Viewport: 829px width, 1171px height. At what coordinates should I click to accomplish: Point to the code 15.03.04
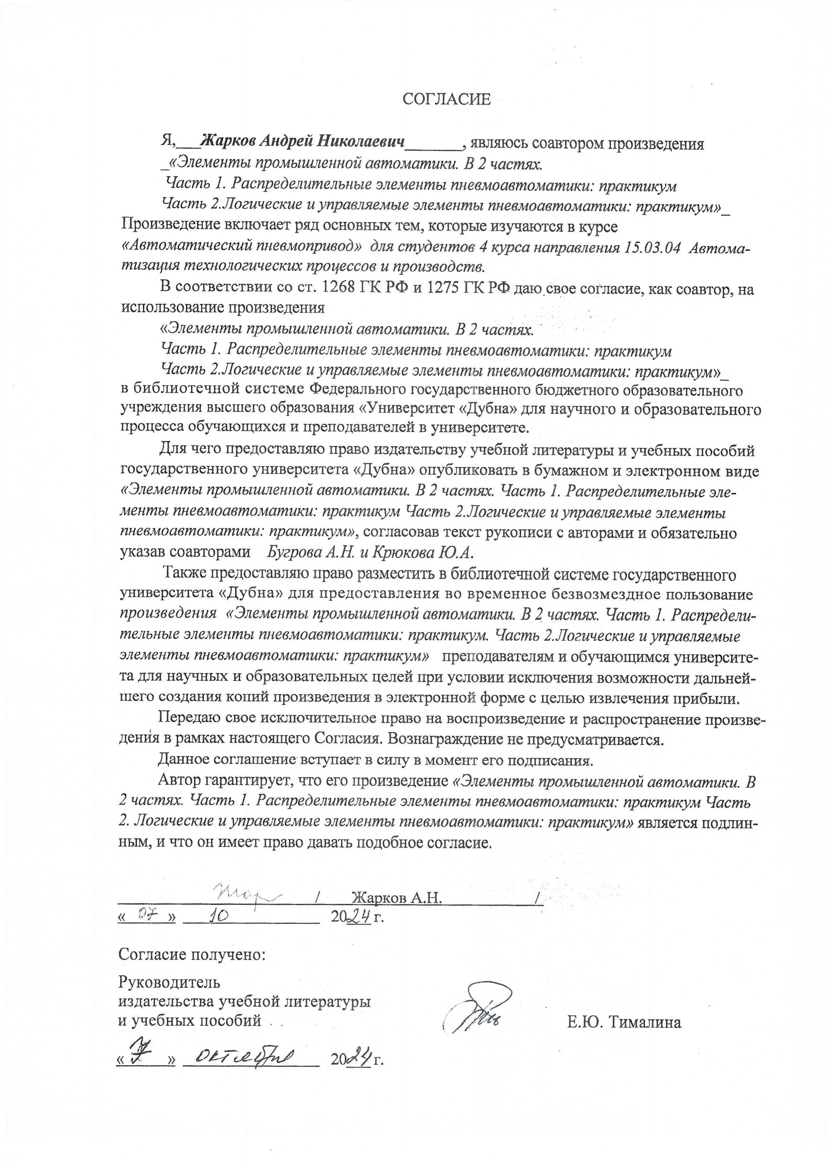(652, 248)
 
